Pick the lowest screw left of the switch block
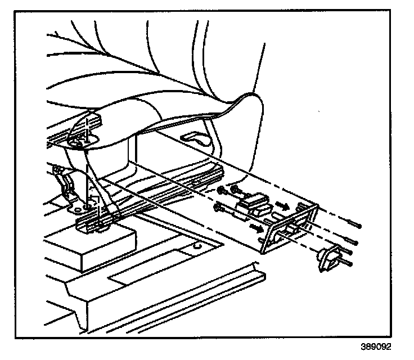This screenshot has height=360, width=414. point(219,209)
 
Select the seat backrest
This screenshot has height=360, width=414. point(169,51)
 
